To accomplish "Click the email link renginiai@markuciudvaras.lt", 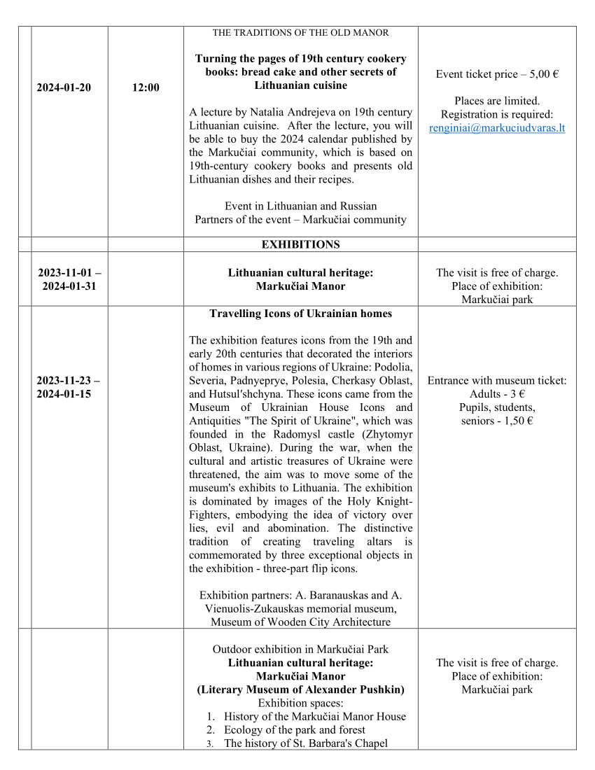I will (x=497, y=128).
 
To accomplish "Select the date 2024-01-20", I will (x=64, y=87).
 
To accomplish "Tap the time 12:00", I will (x=146, y=87).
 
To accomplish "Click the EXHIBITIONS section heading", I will (x=300, y=244).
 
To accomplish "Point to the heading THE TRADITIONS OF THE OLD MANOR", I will (x=300, y=33).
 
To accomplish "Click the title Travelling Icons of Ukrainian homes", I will (x=300, y=314).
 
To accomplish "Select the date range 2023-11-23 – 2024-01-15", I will (x=68, y=387).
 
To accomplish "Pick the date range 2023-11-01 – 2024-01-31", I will (x=68, y=279).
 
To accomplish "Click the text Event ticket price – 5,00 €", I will (x=497, y=74).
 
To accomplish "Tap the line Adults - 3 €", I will (x=497, y=394).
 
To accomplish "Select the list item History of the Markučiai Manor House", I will (x=314, y=717).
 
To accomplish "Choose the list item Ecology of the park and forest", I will (x=294, y=730).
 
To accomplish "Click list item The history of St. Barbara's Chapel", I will (x=305, y=743).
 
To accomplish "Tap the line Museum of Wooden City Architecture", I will (x=300, y=622).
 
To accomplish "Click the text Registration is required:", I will (x=497, y=115).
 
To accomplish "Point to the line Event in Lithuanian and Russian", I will (x=300, y=206).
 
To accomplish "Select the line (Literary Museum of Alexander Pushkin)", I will (x=300, y=689).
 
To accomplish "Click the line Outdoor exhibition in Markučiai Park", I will (x=300, y=650).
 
